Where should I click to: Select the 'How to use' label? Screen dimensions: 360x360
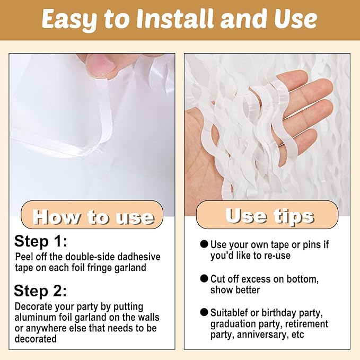click(x=93, y=217)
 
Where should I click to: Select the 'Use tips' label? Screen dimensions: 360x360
click(x=269, y=216)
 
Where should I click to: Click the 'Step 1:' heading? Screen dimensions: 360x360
click(x=40, y=241)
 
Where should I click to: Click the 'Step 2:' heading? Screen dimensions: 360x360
click(x=40, y=291)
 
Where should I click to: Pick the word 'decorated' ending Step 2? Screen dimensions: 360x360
click(x=36, y=339)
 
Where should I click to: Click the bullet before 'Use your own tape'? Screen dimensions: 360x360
click(x=204, y=244)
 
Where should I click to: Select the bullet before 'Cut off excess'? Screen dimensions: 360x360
click(x=204, y=278)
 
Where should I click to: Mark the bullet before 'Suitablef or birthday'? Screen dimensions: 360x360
click(x=204, y=312)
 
